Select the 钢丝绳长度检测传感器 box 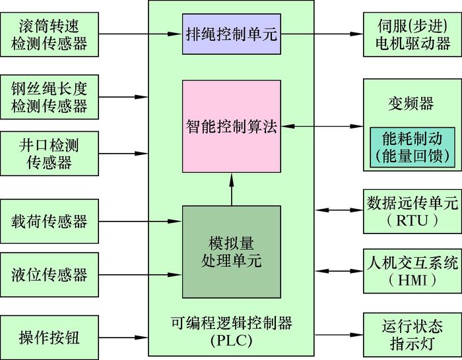click(x=49, y=96)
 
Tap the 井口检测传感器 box click(x=49, y=153)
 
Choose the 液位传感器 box click(x=49, y=274)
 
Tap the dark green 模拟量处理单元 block click(x=230, y=251)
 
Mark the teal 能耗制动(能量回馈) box click(x=411, y=146)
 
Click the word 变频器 click(x=411, y=104)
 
